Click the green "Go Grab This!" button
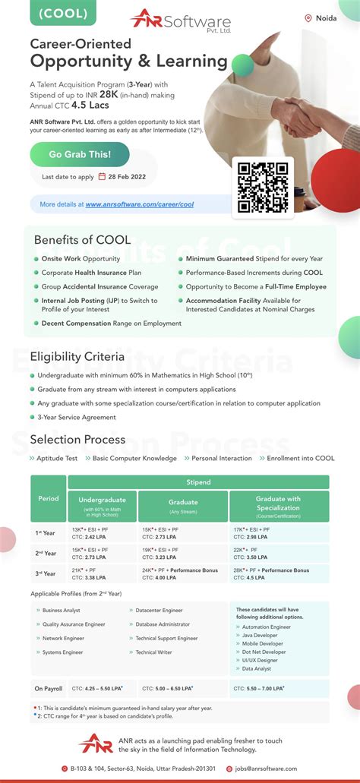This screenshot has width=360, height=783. (x=80, y=154)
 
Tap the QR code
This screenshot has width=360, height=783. (x=263, y=187)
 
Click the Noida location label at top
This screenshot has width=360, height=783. (x=322, y=18)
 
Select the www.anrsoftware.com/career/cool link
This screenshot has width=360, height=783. (x=139, y=204)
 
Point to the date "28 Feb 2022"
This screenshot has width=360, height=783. (x=127, y=177)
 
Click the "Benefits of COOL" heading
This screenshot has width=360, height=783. (x=82, y=240)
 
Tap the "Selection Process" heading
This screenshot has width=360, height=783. (x=77, y=440)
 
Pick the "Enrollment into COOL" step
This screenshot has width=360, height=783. (x=300, y=459)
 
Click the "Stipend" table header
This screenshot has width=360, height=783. (x=198, y=482)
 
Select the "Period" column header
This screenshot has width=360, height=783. (x=48, y=499)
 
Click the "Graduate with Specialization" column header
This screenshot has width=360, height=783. (x=278, y=504)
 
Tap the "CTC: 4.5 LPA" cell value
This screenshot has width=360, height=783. (x=249, y=578)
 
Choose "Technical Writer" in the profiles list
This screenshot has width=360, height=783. (x=155, y=652)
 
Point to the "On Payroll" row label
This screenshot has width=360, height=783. (x=48, y=689)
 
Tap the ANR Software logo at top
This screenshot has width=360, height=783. (x=180, y=18)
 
